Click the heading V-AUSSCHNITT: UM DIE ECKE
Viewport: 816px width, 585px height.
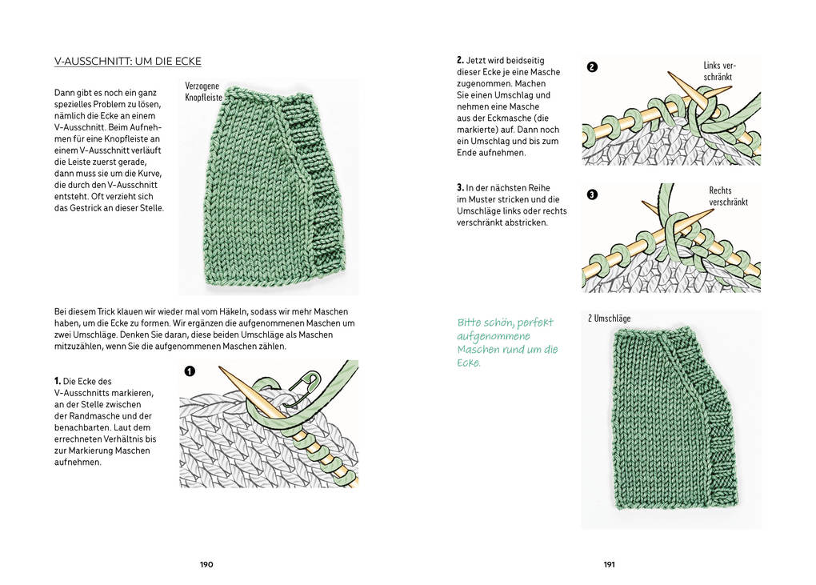[x=127, y=62]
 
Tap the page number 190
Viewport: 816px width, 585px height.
[x=206, y=564]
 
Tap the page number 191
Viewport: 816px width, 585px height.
[x=609, y=564]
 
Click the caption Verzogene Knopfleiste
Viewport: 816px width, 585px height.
[x=202, y=92]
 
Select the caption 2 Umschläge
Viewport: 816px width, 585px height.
[x=609, y=319]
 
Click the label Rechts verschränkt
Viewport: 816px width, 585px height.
[x=728, y=196]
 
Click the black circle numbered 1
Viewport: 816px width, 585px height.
[x=190, y=371]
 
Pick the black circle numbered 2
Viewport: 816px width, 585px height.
[x=592, y=67]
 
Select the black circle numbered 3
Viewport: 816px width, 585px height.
[x=592, y=194]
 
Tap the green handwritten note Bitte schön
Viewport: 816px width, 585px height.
[x=507, y=343]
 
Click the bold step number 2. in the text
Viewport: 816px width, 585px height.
[x=461, y=60]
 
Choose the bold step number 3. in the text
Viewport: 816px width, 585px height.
[x=461, y=187]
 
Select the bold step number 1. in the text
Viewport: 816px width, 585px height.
[x=58, y=380]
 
